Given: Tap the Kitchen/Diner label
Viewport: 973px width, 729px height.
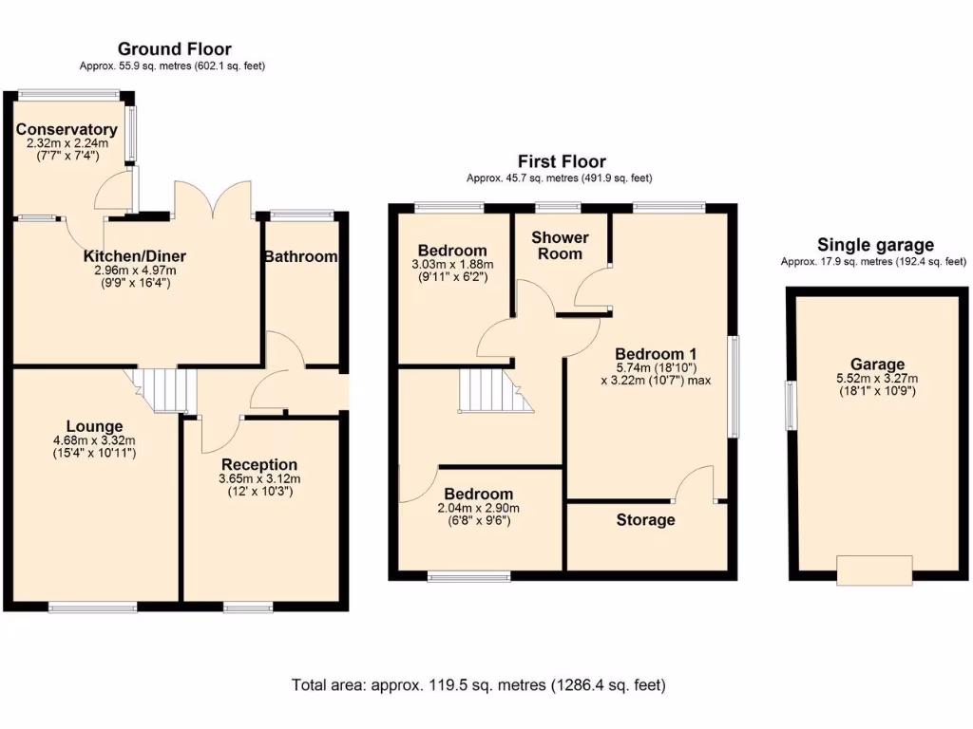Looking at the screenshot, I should pos(135,256).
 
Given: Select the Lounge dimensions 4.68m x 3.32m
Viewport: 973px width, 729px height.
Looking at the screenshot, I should pos(94,440).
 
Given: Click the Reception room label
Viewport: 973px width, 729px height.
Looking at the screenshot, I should pos(259,464).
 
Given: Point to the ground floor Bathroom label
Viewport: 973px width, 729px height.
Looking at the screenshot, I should pos(300,256).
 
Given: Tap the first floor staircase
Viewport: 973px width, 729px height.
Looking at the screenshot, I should pos(491,390).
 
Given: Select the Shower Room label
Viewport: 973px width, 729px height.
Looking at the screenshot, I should pos(560,245).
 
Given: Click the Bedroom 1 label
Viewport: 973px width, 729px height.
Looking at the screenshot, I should pos(655,352).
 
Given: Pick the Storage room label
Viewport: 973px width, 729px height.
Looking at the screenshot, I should pos(645,519).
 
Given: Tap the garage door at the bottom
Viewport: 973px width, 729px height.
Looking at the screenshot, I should pos(874,570).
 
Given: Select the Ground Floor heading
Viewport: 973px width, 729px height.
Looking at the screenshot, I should pos(174,49).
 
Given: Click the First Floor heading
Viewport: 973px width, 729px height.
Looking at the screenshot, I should pos(561,161).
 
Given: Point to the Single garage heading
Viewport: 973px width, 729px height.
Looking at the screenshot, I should pos(875,245).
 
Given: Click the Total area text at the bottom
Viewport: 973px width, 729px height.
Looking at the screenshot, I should pos(478,684).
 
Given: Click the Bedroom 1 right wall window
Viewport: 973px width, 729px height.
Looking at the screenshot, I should pos(733,386).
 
